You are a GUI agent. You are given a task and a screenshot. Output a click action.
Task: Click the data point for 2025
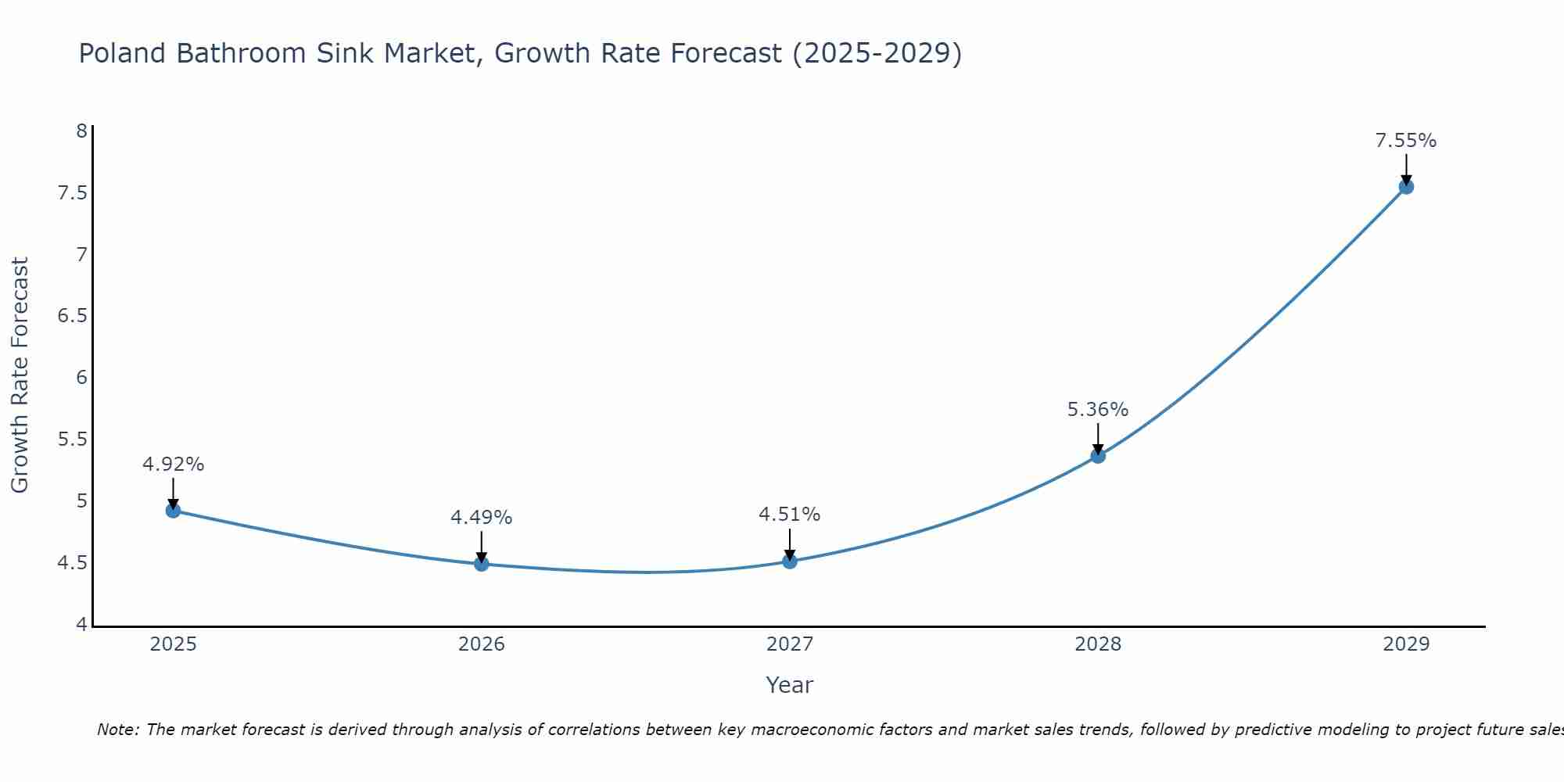click(x=173, y=511)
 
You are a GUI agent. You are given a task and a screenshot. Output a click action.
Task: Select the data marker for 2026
click(x=481, y=564)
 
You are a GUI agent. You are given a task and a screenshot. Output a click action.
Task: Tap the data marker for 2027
click(x=789, y=561)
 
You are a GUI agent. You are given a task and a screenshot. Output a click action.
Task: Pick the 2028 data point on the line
click(x=1097, y=456)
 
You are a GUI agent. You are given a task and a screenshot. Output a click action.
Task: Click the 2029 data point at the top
click(x=1405, y=187)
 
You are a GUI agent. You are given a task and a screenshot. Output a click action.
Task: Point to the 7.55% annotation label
click(x=1405, y=141)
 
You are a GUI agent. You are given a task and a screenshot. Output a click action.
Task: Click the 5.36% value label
click(x=1097, y=410)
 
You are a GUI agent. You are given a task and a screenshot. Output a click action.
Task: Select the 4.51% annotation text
click(x=789, y=515)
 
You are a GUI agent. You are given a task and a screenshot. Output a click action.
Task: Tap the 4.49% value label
click(x=481, y=518)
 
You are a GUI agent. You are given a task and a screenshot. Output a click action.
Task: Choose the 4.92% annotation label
click(x=173, y=465)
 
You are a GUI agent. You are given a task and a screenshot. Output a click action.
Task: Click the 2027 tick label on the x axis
click(x=789, y=644)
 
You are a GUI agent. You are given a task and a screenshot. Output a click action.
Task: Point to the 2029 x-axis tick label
click(x=1405, y=644)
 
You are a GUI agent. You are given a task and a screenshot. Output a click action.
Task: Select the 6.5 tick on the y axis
click(x=72, y=316)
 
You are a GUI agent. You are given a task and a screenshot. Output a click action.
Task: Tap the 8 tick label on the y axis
click(x=81, y=131)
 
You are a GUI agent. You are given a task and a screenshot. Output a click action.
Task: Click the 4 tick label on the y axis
click(x=81, y=624)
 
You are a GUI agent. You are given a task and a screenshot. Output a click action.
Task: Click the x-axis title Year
click(x=789, y=685)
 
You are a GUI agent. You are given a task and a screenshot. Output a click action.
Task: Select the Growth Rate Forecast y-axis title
click(x=20, y=375)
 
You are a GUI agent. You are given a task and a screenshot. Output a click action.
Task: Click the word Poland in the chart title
click(x=123, y=53)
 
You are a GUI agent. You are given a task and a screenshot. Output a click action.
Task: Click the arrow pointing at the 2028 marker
click(x=1097, y=438)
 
